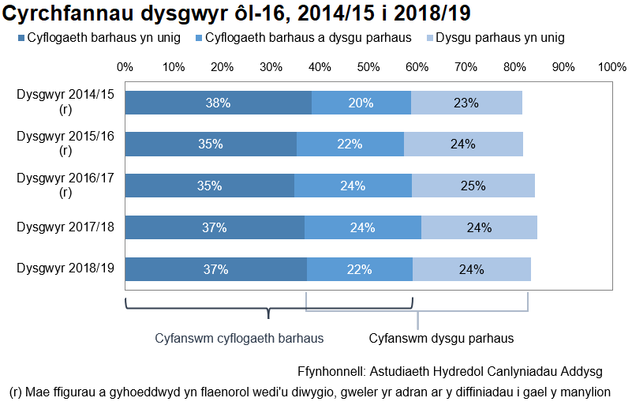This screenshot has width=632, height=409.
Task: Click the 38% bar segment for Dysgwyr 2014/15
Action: pyautogui.click(x=218, y=103)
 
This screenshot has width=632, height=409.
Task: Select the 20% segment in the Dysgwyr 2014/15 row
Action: pyautogui.click(x=361, y=103)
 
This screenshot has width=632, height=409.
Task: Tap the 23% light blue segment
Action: pyautogui.click(x=466, y=103)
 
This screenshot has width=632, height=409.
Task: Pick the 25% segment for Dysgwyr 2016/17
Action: pyautogui.click(x=473, y=186)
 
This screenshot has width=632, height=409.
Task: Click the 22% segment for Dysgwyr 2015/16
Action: pyautogui.click(x=350, y=144)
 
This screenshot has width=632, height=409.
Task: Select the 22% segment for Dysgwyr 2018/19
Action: pyautogui.click(x=360, y=269)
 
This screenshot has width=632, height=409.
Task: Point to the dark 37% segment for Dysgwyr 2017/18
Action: pyautogui.click(x=215, y=227)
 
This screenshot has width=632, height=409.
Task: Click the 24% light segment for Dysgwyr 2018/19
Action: pyautogui.click(x=472, y=269)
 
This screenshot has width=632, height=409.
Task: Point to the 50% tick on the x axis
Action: pyautogui.click(x=368, y=67)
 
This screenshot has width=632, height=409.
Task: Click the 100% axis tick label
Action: pyautogui.click(x=612, y=67)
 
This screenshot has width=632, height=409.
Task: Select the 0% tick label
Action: pyautogui.click(x=125, y=67)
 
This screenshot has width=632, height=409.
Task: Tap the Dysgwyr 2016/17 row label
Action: pyautogui.click(x=65, y=185)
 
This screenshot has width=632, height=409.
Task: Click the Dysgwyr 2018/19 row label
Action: pyautogui.click(x=65, y=268)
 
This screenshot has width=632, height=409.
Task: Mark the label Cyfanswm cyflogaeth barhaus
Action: pyautogui.click(x=239, y=338)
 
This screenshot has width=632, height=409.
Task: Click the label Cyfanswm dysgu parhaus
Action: pyautogui.click(x=441, y=338)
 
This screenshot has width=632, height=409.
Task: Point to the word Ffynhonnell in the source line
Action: pyautogui.click(x=331, y=370)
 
